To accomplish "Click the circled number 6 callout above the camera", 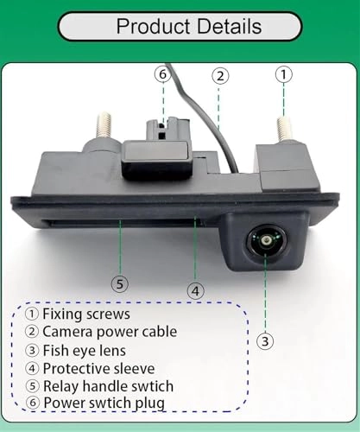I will pos(162,74).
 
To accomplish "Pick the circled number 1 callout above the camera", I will pos(284,74).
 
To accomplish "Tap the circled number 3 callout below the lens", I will pos(266,340).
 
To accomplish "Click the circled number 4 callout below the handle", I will pos(196,290).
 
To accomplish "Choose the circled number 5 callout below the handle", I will pos(121,283).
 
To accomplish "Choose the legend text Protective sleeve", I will pos(98,369).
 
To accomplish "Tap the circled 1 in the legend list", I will pos(32,314).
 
